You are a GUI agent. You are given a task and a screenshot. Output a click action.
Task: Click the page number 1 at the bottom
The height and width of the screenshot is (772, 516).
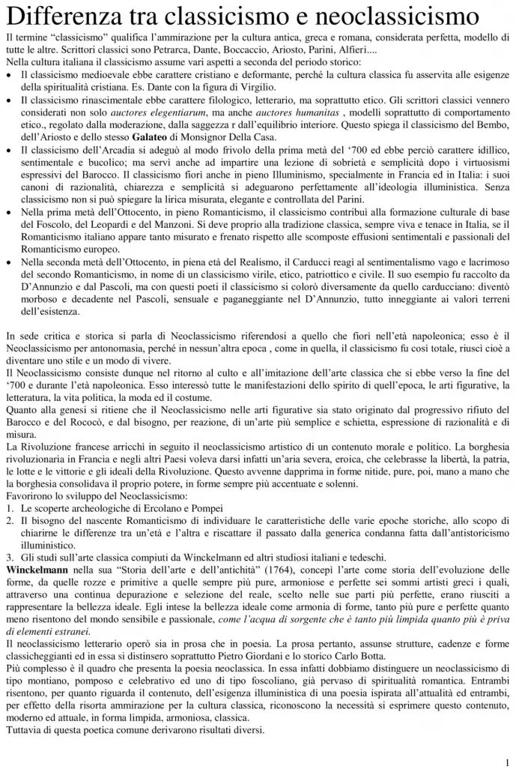[x=507, y=761]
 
